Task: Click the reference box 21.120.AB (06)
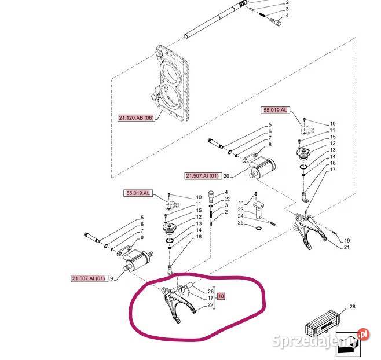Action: click(136, 118)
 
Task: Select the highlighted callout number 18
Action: click(221, 296)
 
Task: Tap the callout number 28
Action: click(352, 307)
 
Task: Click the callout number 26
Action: click(211, 291)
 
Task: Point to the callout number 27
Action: click(211, 304)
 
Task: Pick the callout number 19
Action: click(347, 241)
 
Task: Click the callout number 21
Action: click(347, 247)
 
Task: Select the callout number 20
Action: click(226, 176)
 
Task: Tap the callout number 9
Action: click(112, 278)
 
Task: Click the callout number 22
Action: click(228, 199)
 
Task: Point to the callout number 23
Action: click(240, 210)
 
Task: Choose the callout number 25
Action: click(240, 222)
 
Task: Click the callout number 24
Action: click(240, 216)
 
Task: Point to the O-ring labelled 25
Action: click(259, 228)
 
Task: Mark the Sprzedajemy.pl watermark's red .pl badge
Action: click(363, 335)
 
